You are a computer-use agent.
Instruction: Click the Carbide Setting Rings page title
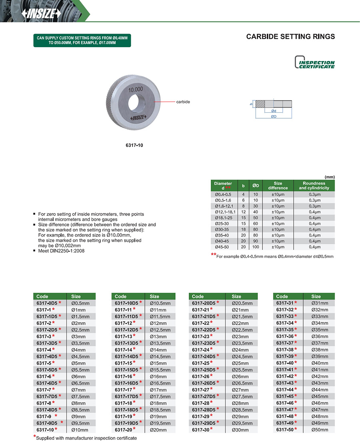click(x=290, y=37)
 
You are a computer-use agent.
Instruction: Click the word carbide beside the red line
click(x=183, y=102)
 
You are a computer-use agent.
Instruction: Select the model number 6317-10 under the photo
click(x=134, y=145)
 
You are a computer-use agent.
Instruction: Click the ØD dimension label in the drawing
click(x=274, y=116)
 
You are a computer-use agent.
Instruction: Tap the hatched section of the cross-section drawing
click(x=261, y=103)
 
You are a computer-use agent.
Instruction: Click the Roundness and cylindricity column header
click(x=314, y=186)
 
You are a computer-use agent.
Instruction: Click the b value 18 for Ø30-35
click(x=243, y=229)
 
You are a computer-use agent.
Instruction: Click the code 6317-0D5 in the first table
click(x=46, y=303)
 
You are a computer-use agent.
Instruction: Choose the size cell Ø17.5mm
click(x=160, y=396)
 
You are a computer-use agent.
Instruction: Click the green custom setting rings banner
click(x=82, y=40)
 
